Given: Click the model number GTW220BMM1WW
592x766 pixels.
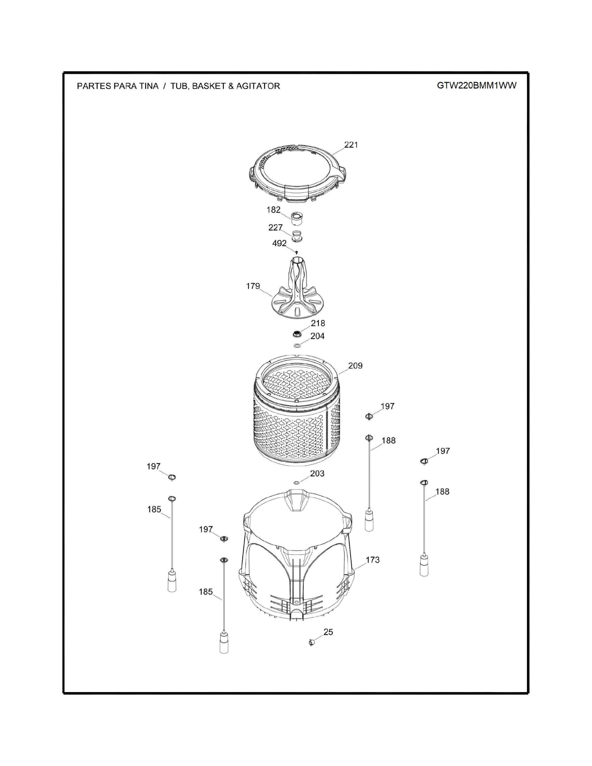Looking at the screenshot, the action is click(x=477, y=86).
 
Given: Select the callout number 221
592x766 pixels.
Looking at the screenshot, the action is click(x=351, y=145).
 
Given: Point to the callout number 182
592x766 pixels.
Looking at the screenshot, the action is click(x=273, y=210).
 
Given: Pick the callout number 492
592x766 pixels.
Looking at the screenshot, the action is click(x=280, y=243).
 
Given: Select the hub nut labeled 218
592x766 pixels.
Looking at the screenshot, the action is click(x=297, y=333).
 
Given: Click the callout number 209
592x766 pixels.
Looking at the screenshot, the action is click(x=355, y=366).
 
